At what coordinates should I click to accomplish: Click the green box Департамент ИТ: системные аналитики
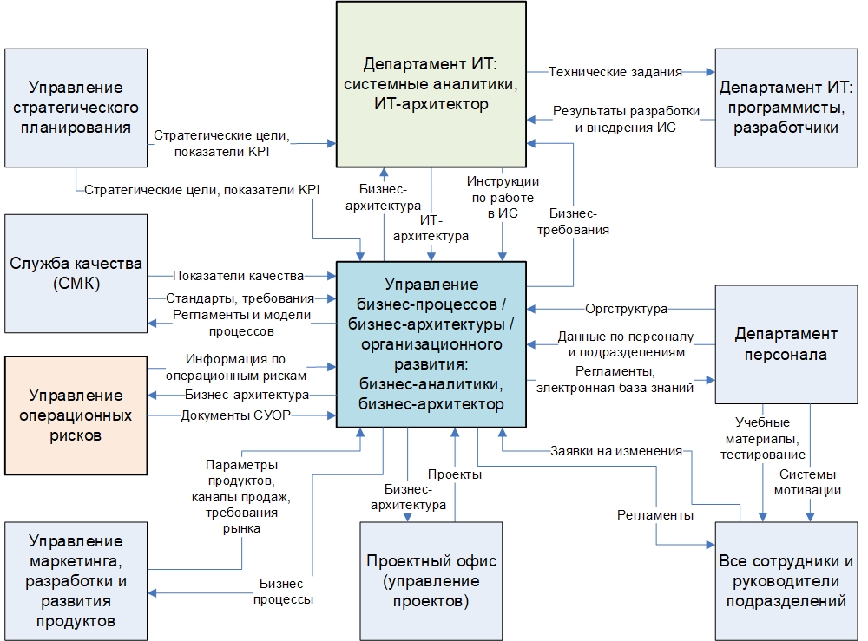(x=431, y=83)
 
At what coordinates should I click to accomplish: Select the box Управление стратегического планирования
(x=76, y=108)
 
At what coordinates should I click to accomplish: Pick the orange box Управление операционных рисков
(x=76, y=415)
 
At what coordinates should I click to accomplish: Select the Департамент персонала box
(x=786, y=343)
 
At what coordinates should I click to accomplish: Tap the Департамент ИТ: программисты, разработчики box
(x=786, y=108)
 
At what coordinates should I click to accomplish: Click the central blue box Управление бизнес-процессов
(x=431, y=343)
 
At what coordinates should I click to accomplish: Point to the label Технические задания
(x=615, y=72)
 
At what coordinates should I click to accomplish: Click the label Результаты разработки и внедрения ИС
(x=614, y=120)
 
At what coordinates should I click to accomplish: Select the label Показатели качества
(x=238, y=276)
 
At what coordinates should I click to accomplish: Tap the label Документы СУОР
(x=235, y=415)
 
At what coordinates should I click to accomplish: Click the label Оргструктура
(x=626, y=309)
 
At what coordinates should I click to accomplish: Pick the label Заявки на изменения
(x=615, y=451)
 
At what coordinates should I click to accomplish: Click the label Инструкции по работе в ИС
(x=503, y=197)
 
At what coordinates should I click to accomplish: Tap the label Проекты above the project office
(x=454, y=474)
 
